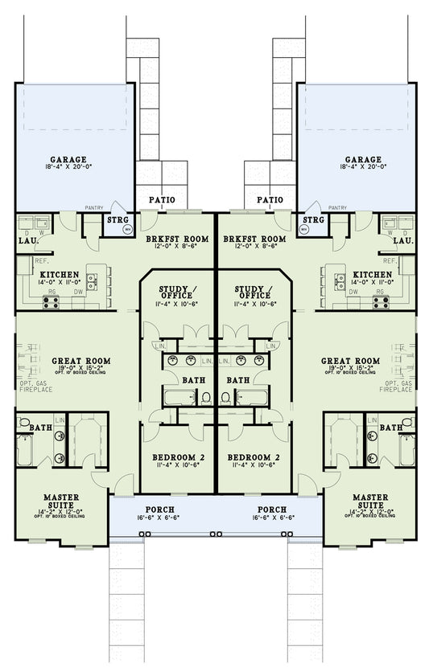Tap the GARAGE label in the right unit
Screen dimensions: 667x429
point(360,159)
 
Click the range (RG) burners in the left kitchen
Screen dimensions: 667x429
point(51,302)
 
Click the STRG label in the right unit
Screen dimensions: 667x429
point(313,219)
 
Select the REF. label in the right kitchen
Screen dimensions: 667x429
point(390,261)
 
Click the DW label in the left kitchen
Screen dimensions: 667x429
point(77,293)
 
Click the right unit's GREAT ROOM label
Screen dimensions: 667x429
point(351,361)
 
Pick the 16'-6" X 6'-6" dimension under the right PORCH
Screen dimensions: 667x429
point(271,518)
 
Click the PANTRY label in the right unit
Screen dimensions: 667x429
point(336,207)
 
